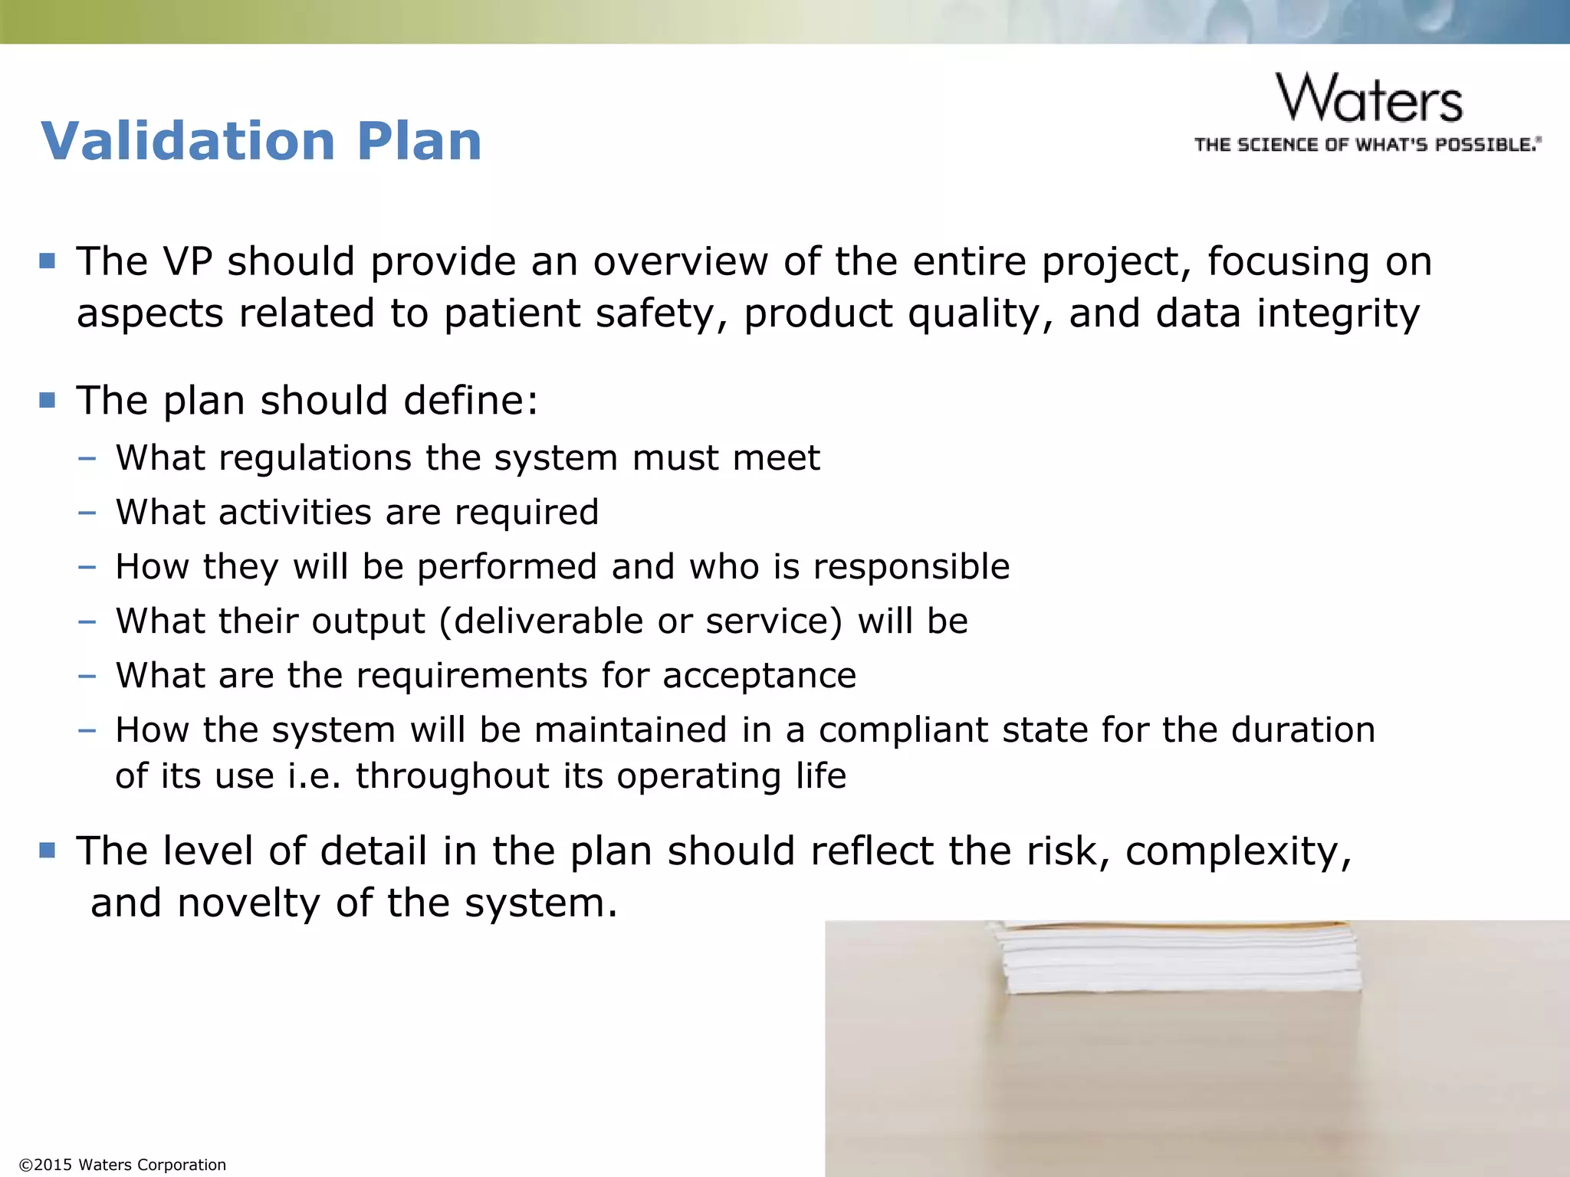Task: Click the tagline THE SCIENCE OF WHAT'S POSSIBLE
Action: click(1368, 145)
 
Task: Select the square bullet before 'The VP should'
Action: click(48, 261)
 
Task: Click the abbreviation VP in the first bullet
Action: click(187, 261)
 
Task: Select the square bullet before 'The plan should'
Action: click(48, 400)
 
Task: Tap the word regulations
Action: click(316, 458)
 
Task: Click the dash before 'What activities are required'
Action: click(87, 512)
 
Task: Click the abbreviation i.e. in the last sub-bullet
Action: click(314, 776)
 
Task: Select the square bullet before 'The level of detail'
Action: click(48, 850)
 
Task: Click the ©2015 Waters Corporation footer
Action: click(123, 1165)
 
